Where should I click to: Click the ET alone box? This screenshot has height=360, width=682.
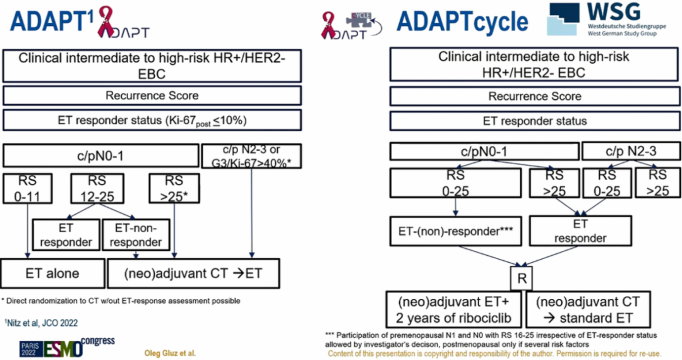52,273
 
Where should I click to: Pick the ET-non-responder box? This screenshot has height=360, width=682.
138,235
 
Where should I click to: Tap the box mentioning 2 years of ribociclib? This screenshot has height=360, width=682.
454,309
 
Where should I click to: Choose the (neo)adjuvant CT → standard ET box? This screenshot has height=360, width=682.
587,309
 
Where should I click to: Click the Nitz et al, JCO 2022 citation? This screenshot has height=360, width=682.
41,323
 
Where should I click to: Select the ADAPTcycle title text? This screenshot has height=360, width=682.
462,21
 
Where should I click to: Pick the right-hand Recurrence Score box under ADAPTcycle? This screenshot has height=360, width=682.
534,96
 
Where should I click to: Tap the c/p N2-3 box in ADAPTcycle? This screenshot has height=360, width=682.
631,152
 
